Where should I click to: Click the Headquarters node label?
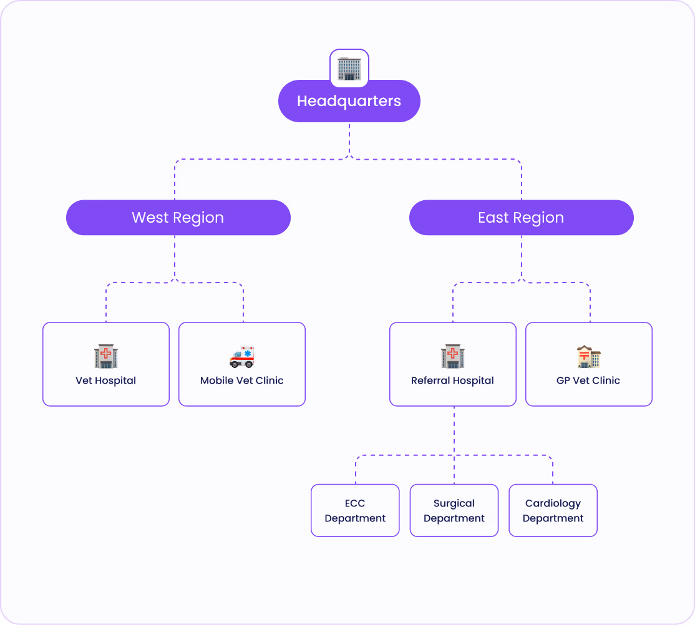349,101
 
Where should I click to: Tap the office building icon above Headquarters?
349,69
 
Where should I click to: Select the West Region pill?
178,218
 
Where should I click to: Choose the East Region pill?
521,218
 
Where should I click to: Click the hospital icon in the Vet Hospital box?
106,357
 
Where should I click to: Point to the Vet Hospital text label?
105,380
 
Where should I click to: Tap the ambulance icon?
242,357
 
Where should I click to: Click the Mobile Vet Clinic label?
242,380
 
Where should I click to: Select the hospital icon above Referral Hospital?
453,357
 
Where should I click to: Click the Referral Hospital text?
452,380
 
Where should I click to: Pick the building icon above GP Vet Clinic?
588,357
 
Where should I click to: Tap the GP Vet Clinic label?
588,380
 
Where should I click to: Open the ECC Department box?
355,510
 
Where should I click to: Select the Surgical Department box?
454,510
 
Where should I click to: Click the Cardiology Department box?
553,510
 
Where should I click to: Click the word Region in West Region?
198,218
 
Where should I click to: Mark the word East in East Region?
493,218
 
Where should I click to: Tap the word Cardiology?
553,503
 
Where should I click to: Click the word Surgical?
454,503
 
